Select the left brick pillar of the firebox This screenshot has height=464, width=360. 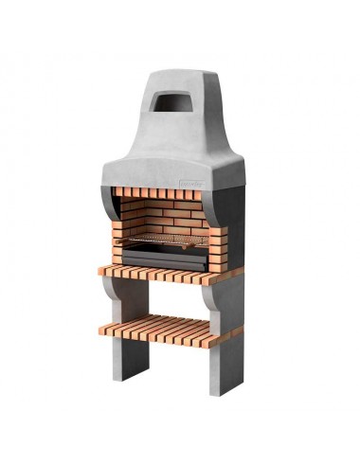pos(121,232)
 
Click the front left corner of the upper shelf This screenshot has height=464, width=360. pos(102,272)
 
